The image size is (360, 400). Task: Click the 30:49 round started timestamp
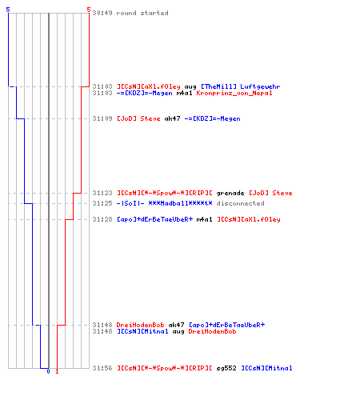click(x=102, y=13)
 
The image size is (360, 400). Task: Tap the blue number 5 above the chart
click(x=8, y=10)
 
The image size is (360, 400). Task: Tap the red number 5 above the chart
click(x=89, y=10)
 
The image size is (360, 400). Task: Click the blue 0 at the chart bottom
click(x=48, y=371)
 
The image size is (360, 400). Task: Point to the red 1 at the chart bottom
click(x=57, y=371)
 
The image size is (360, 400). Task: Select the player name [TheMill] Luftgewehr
click(x=241, y=86)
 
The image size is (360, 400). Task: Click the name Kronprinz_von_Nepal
click(x=234, y=93)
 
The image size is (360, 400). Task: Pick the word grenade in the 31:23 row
click(x=230, y=193)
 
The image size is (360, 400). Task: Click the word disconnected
click(x=240, y=203)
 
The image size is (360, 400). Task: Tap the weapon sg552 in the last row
click(x=226, y=368)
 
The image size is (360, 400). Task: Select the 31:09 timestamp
click(x=102, y=118)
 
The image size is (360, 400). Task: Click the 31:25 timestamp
click(x=102, y=203)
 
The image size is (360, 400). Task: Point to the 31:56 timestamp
click(x=102, y=368)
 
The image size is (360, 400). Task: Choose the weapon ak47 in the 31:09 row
click(x=172, y=118)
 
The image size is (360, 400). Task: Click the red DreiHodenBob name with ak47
click(x=140, y=325)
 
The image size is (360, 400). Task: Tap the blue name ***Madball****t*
click(x=180, y=203)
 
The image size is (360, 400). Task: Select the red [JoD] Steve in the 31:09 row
click(x=138, y=118)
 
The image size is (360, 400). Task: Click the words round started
click(x=142, y=13)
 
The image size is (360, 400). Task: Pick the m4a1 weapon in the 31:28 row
click(x=204, y=219)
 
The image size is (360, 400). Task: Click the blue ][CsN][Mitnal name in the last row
click(x=266, y=368)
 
